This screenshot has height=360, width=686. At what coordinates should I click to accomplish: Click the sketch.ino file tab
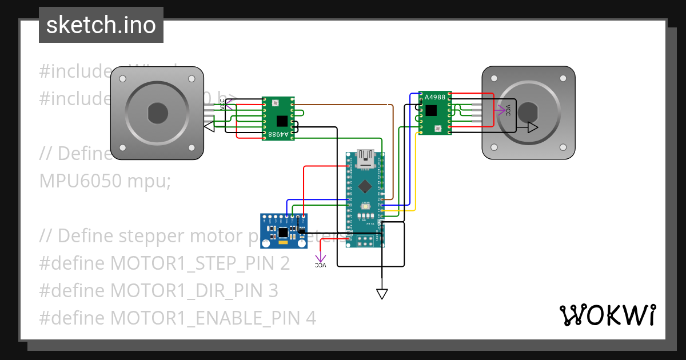(101, 25)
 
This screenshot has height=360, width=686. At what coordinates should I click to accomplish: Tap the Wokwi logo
(607, 315)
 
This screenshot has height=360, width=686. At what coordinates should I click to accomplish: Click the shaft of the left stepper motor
(157, 113)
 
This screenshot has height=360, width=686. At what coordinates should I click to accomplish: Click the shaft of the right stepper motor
(528, 113)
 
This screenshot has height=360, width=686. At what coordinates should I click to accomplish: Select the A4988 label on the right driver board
(435, 97)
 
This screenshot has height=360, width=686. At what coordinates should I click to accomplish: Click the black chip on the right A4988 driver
(431, 110)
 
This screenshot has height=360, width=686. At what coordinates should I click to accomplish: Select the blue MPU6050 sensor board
(284, 231)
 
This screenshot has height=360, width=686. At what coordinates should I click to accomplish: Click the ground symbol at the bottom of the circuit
(382, 294)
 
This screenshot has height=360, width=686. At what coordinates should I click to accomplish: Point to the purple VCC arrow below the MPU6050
(321, 262)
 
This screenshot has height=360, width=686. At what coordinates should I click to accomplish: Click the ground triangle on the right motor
(532, 127)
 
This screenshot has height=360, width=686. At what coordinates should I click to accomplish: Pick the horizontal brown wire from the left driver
(343, 105)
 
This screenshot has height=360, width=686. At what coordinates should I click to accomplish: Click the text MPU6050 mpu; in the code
(105, 181)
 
